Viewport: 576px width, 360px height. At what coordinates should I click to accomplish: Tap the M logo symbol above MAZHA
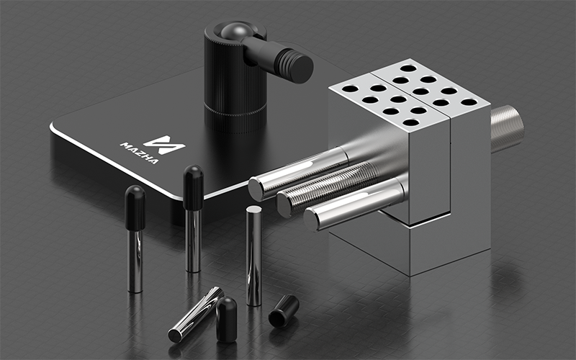[x=164, y=145]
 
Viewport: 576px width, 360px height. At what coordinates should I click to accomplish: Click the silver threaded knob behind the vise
[x=507, y=129]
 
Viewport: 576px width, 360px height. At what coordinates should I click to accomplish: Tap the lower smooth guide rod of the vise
[x=354, y=204]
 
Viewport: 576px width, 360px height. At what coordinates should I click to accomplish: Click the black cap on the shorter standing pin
[x=135, y=207]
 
